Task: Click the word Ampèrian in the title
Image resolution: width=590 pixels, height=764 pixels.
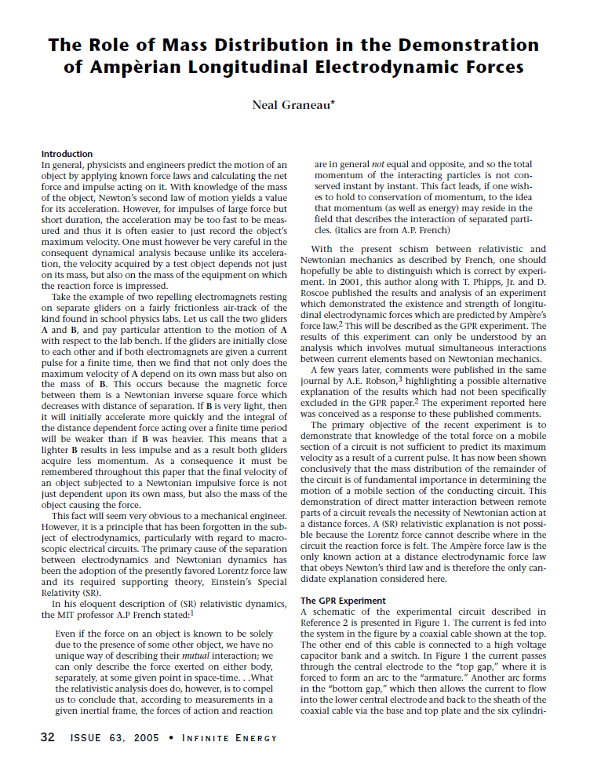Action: click(149, 68)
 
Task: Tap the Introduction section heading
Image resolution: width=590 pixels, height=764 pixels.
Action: click(67, 154)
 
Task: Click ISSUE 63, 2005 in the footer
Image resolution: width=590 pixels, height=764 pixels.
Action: click(114, 738)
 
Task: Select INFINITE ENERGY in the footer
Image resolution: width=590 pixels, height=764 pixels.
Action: click(231, 738)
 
